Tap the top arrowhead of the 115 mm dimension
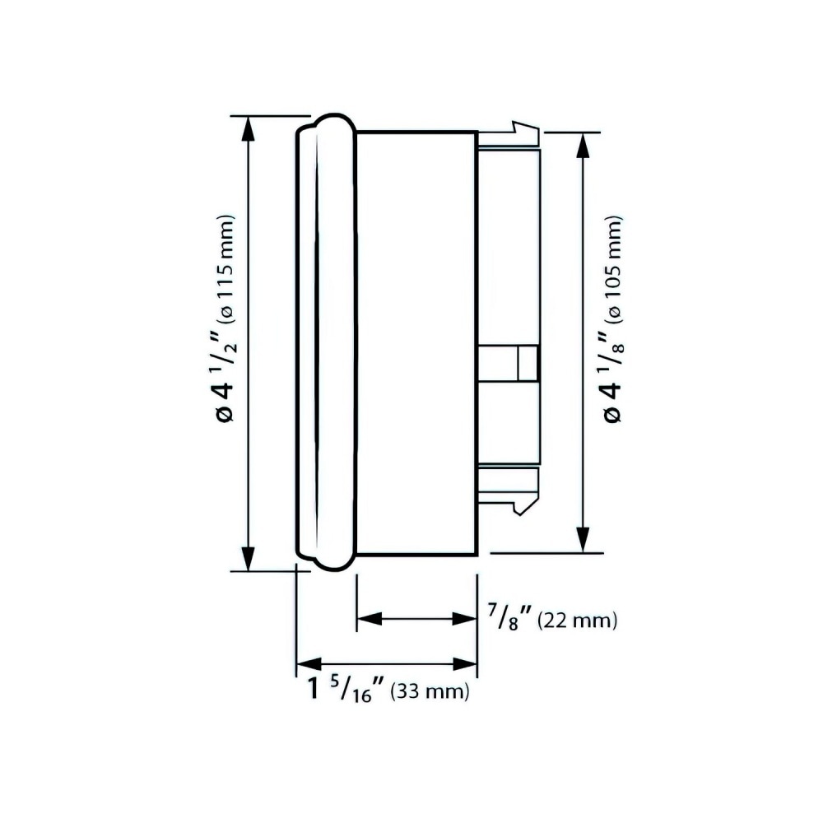(248, 128)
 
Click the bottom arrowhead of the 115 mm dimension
(248, 559)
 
